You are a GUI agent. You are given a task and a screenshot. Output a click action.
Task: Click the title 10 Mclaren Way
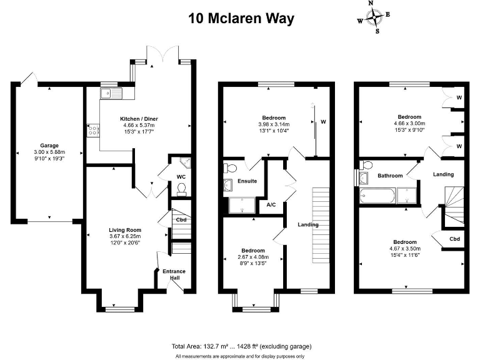[x=241, y=18]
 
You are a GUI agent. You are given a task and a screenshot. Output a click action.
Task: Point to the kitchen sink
[x=105, y=94]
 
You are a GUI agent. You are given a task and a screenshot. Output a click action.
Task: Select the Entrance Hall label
[x=174, y=274]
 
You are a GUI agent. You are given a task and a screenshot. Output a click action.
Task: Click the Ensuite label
[x=247, y=181]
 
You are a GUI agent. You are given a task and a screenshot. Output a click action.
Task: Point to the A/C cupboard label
[x=271, y=204]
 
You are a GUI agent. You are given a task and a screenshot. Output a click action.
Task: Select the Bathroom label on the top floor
[x=390, y=176]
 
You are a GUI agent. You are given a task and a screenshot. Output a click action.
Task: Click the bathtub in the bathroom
[x=377, y=197]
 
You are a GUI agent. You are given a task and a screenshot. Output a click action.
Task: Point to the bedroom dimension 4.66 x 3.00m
[x=409, y=123]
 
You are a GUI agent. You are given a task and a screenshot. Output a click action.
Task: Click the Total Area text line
[x=241, y=346]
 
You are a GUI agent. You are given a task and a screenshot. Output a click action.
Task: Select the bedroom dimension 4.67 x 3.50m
[x=409, y=248]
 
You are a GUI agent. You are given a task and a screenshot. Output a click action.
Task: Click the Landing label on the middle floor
[x=308, y=224]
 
